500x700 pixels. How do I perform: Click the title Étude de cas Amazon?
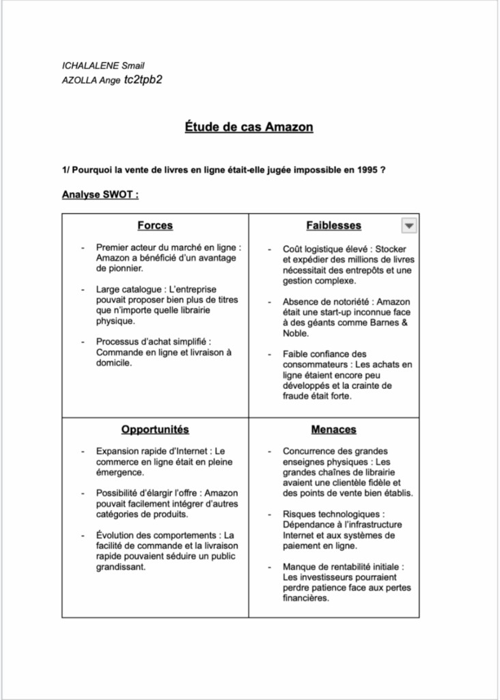pyautogui.click(x=249, y=128)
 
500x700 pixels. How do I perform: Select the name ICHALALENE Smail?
pyautogui.click(x=102, y=66)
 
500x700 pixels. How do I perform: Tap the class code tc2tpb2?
pyautogui.click(x=143, y=80)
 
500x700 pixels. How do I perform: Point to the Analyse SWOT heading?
pyautogui.click(x=100, y=195)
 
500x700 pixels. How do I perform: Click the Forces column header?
pyautogui.click(x=155, y=226)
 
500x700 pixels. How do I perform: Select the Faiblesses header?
pyautogui.click(x=333, y=226)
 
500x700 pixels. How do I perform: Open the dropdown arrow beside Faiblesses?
pyautogui.click(x=408, y=226)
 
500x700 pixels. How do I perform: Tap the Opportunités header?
pyautogui.click(x=155, y=429)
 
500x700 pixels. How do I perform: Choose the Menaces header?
pyautogui.click(x=333, y=429)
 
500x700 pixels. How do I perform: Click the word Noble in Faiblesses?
pyautogui.click(x=296, y=334)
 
